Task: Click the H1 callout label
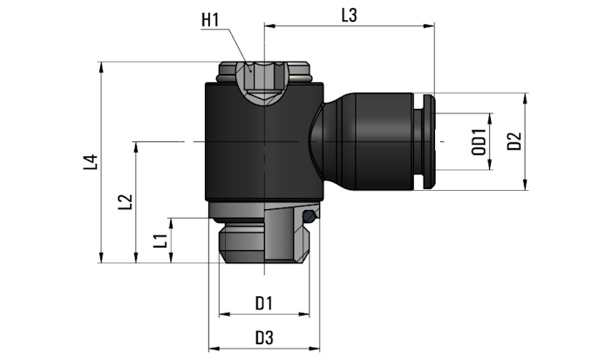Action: point(210,20)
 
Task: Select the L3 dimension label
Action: point(349,16)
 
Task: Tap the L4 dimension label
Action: point(90,162)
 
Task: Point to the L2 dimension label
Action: point(126,201)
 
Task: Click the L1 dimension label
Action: point(160,241)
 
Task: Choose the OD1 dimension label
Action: point(479,142)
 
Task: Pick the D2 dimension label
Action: point(514,141)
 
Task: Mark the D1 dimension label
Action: point(264,303)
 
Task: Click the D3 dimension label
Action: point(264,338)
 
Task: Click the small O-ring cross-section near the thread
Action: point(309,216)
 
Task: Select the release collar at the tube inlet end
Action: point(429,141)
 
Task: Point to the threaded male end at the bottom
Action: point(264,243)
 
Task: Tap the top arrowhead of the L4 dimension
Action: point(101,67)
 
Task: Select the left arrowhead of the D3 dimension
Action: point(214,349)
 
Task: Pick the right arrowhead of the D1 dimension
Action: point(304,314)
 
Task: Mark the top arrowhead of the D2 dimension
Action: point(526,98)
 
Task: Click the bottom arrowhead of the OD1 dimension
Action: point(490,165)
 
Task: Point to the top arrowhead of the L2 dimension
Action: point(136,146)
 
